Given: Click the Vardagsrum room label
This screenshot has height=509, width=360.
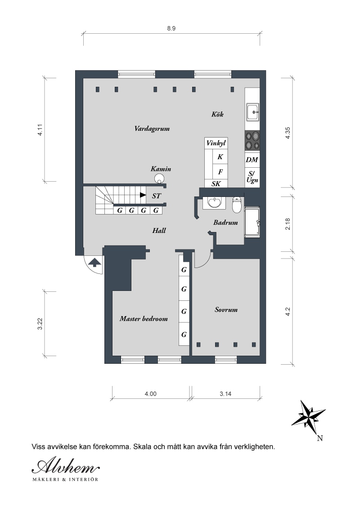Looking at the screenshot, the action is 152,129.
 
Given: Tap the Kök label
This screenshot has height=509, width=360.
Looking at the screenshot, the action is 217,114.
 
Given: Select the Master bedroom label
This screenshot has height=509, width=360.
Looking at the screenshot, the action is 144,318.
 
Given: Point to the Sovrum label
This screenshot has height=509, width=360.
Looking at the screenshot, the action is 226,309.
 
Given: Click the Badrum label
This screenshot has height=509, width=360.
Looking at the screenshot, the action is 225,223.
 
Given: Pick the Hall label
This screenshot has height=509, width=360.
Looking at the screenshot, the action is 159,231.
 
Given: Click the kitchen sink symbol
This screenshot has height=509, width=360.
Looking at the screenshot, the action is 252,112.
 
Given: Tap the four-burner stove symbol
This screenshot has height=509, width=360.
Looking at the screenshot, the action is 252,141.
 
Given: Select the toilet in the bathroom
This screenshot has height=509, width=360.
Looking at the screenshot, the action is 237,205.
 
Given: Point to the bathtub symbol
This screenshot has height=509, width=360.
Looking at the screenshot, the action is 252,222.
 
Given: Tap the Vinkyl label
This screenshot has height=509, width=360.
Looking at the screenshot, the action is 216,143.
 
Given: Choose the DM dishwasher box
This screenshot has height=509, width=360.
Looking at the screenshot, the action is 252,159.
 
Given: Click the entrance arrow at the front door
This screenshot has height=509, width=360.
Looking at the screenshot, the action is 94,262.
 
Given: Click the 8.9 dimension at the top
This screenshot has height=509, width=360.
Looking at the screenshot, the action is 171,28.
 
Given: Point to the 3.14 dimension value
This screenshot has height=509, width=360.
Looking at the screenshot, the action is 225,394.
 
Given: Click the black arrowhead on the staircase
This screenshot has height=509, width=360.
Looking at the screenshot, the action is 143,195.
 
